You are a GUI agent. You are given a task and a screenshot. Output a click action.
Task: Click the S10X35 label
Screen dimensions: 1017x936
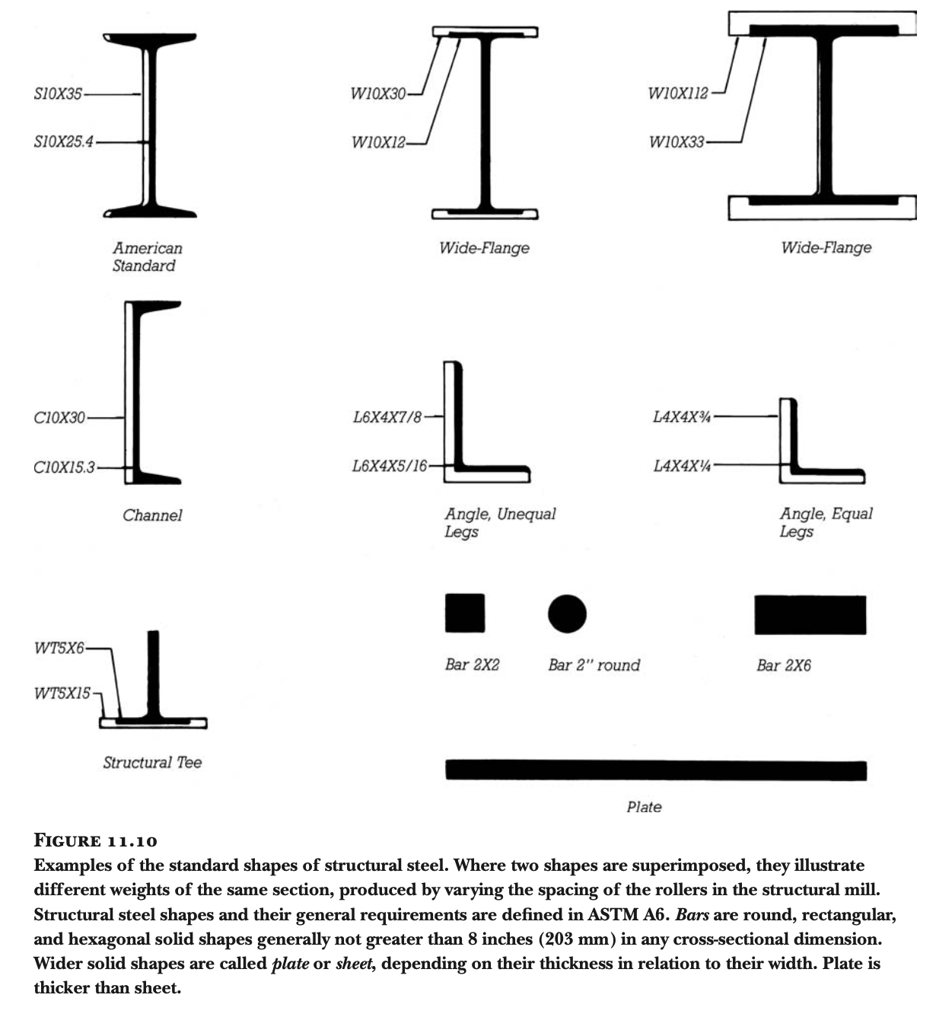pos(58,95)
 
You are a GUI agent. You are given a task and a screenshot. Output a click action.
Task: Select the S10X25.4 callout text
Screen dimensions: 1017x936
pos(63,142)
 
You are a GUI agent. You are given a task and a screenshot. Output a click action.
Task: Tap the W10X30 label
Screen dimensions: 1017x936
pos(377,94)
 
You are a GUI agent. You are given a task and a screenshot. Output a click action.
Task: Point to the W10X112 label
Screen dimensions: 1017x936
pos(677,94)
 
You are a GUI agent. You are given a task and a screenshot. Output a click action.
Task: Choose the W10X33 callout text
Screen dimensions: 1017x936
pos(676,142)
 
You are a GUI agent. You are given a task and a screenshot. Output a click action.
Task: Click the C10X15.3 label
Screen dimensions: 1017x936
pos(64,467)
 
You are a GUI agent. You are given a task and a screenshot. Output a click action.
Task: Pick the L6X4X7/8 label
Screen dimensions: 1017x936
pos(387,417)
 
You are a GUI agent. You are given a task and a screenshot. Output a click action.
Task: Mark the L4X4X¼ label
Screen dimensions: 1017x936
pos(682,465)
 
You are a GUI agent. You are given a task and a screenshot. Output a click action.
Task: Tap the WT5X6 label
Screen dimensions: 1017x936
pos(59,649)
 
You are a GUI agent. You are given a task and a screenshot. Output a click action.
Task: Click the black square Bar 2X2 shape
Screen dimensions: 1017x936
pos(465,614)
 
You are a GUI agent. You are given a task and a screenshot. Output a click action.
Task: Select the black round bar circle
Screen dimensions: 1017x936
pos(567,614)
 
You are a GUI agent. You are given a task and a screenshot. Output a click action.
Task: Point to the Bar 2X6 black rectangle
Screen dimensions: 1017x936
pos(810,615)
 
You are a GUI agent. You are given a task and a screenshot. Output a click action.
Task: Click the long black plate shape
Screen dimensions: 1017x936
pos(655,770)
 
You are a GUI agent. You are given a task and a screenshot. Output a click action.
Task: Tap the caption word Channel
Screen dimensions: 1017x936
pos(152,515)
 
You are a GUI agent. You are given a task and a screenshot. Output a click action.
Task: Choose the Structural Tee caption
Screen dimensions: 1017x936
pos(152,763)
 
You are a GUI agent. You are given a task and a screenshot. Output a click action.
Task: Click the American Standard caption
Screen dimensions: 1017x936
pos(146,257)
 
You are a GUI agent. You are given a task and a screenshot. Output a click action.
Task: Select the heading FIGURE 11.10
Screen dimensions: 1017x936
pos(96,841)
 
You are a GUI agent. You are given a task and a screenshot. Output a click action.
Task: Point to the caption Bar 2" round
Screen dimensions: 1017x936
pos(594,665)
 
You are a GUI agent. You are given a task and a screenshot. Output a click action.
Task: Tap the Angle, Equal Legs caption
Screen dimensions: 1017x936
pos(825,522)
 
